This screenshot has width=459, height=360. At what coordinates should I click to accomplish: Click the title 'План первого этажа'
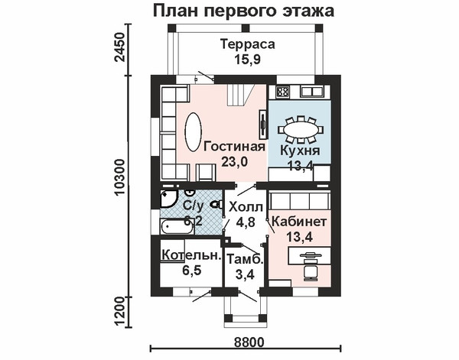tap(243, 11)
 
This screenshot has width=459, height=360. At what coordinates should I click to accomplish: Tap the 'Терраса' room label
tap(248, 44)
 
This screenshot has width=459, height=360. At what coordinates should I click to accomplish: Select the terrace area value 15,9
tap(247, 60)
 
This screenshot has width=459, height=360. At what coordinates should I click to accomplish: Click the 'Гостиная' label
tap(235, 146)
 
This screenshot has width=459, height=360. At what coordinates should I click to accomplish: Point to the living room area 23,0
tap(235, 161)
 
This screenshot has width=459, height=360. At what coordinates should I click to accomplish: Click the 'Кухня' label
tap(300, 151)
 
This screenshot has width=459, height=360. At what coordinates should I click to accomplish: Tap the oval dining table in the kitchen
tap(300, 129)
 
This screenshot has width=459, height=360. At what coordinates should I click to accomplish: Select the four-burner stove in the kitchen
tap(283, 92)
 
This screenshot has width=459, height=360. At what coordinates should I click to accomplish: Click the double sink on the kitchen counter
tap(312, 92)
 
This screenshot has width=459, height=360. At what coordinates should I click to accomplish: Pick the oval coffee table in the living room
tap(193, 132)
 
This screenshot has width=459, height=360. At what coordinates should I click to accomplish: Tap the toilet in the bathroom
tap(216, 204)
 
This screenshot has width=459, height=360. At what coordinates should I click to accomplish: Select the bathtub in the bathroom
tap(177, 227)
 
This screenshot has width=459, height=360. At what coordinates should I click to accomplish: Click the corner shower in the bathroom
tap(168, 199)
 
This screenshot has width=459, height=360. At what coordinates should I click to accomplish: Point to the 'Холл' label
tap(246, 207)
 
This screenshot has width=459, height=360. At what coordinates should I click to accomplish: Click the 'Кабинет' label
tap(299, 222)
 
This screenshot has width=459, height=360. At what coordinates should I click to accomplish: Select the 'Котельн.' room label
tap(190, 255)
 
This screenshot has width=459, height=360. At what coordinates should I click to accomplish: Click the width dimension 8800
tap(249, 342)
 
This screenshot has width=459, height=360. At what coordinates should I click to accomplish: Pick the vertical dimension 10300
tap(120, 177)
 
